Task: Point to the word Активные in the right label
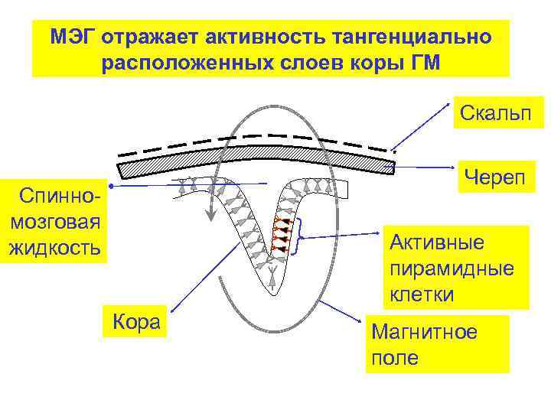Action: [x=437, y=243]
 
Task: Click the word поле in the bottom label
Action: [x=395, y=358]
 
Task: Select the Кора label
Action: [x=136, y=321]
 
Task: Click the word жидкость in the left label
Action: [x=54, y=248]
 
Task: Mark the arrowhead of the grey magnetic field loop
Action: [x=207, y=218]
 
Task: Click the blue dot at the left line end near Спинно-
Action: [x=111, y=187]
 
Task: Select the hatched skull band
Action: [x=253, y=156]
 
